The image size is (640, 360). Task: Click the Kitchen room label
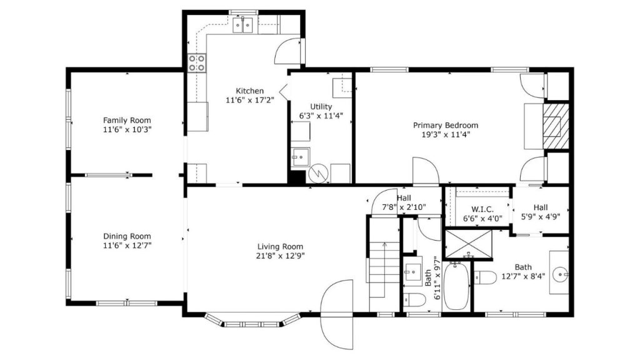point(250,91)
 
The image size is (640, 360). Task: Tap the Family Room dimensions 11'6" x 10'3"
point(127,130)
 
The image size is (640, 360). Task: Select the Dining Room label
point(127,236)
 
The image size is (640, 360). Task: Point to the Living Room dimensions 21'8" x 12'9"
point(281,256)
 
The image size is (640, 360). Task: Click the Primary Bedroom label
point(446,125)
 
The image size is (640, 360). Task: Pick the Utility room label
point(321,106)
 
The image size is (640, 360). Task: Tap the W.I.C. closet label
point(482,209)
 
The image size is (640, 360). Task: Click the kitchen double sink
point(243,24)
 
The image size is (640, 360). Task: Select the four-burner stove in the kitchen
point(197,63)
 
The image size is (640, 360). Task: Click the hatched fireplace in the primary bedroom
point(556,126)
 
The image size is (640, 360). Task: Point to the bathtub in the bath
point(456,286)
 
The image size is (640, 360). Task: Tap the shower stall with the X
point(469,244)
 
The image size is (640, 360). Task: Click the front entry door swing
point(337,314)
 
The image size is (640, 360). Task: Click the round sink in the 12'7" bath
point(559,274)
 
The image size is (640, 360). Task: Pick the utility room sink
point(301,157)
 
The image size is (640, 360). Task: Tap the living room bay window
point(252,321)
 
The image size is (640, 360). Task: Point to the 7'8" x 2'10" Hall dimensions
point(404,207)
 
